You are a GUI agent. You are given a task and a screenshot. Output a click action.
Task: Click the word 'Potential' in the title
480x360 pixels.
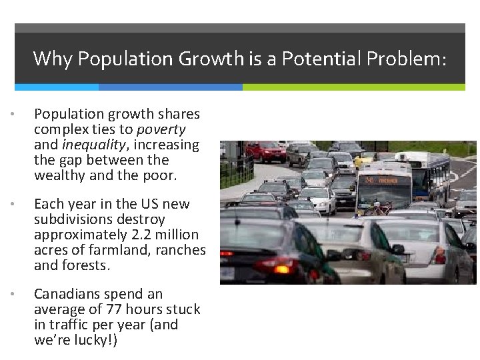pos(314,59)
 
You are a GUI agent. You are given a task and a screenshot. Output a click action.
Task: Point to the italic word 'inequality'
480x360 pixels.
pos(93,145)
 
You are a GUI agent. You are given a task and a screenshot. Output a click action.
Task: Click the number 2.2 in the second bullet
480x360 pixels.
pos(134,235)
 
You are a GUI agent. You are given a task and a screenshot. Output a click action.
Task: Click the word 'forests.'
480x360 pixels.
pos(86,265)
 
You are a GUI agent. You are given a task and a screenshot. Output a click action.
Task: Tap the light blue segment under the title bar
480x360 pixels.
pos(56,87)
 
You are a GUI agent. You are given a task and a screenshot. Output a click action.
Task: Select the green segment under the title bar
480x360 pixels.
pos(353,87)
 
